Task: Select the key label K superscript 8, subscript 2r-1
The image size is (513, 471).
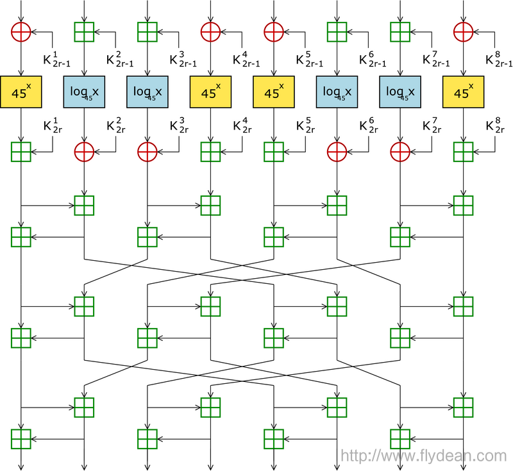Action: point(499,59)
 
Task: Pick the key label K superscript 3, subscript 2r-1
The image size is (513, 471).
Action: point(183,59)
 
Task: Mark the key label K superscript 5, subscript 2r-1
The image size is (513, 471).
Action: point(309,59)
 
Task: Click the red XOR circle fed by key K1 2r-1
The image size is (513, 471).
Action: point(22,31)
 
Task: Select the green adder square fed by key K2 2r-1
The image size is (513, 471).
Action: point(85,31)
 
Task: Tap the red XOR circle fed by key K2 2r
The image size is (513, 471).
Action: point(85,152)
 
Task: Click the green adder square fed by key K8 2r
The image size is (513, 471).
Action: point(464,152)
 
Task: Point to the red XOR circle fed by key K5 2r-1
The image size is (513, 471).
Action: point(274,31)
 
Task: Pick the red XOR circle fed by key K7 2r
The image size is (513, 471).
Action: point(400,152)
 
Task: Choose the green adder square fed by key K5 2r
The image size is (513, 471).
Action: point(274,152)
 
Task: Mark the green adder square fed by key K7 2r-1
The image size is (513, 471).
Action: point(400,31)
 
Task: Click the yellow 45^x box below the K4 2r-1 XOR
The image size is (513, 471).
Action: point(211,92)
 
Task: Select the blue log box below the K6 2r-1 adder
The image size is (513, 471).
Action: point(337,92)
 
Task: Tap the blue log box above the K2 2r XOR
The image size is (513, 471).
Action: point(85,92)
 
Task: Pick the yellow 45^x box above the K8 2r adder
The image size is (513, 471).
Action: point(464,92)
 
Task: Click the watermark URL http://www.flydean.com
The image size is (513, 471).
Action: point(424,456)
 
